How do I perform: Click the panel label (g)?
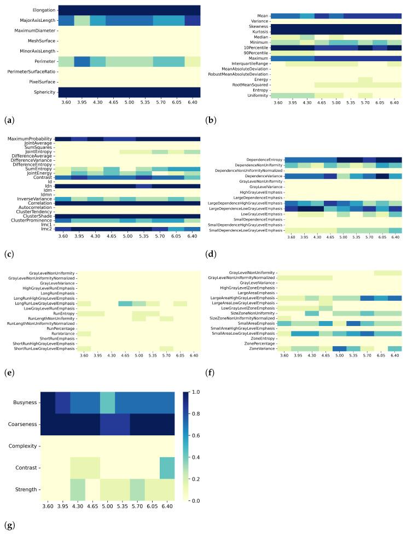pos(7,526)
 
